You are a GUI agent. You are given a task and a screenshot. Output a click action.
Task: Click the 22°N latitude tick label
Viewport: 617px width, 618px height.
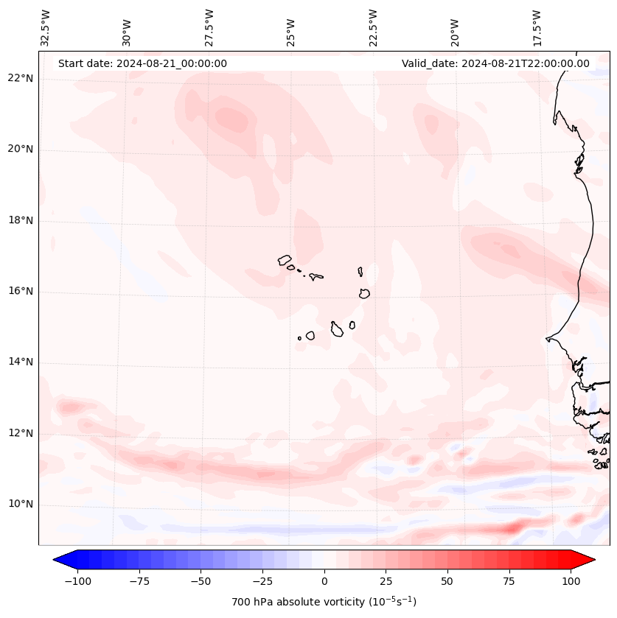20,79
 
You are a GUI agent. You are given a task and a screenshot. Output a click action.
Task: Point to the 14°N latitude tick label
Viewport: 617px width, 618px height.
20,362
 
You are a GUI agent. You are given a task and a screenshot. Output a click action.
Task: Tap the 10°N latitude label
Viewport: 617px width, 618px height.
20,505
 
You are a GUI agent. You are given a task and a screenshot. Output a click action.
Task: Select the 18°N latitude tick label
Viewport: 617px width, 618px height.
20,220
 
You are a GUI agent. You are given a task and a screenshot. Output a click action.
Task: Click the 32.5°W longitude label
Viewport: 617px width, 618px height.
46,27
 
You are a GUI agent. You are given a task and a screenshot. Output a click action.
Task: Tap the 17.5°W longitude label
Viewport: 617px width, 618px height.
537,27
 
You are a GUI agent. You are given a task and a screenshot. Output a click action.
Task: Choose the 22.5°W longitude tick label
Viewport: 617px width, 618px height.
373,27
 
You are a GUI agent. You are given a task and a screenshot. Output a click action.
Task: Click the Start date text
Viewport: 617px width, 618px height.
142,63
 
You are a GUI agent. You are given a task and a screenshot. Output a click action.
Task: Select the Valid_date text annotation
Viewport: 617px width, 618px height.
495,63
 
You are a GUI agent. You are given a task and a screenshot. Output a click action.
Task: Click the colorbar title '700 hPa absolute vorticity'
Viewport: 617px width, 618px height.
324,602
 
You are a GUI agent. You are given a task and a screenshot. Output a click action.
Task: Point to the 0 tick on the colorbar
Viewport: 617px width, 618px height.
324,581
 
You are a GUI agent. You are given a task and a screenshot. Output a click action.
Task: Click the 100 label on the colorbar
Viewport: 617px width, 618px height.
571,581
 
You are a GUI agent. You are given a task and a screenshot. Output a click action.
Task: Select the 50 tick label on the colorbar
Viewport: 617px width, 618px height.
447,581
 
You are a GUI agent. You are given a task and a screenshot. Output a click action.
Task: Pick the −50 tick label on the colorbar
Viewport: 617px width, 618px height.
201,581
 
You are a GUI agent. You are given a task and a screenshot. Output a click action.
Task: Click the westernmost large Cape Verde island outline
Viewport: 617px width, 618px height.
285,260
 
